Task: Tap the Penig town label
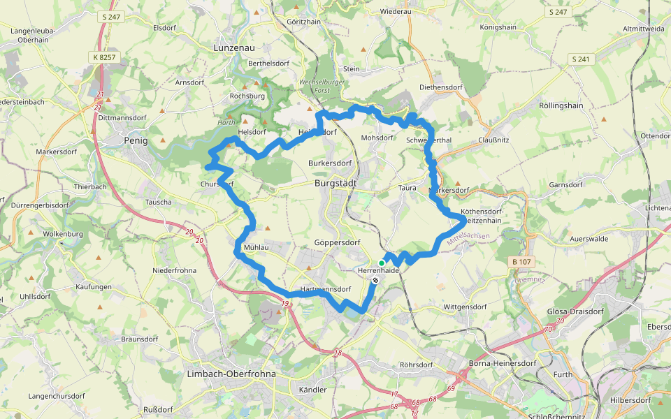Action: [136, 140]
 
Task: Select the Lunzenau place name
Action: [233, 47]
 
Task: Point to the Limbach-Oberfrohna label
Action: [231, 374]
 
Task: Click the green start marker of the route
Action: [381, 263]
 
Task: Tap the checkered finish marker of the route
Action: [376, 280]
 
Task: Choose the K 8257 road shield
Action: [103, 56]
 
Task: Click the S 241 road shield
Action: [582, 59]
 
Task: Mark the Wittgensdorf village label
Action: [464, 307]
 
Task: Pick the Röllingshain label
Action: [561, 105]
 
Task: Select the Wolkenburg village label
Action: [64, 234]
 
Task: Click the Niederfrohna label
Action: [175, 270]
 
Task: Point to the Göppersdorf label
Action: [337, 242]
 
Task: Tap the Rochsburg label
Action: [247, 96]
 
